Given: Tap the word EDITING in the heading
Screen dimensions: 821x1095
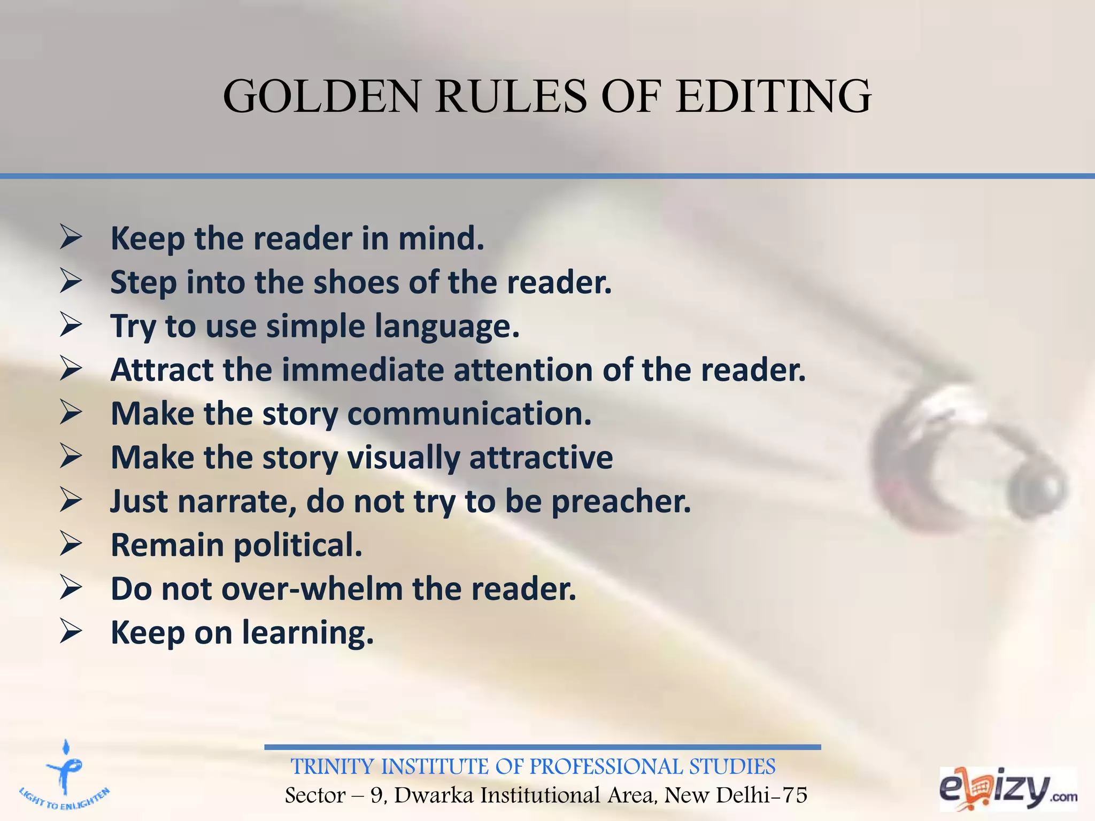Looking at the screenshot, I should pos(773,97).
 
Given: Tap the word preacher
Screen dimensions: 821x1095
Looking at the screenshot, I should pos(621,501).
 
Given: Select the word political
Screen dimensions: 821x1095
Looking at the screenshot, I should pos(298,545).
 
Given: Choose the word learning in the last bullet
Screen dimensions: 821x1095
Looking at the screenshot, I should pos(307,633).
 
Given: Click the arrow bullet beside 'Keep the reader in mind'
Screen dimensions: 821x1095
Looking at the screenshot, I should pos(71,237).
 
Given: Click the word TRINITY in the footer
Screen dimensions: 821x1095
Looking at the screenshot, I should pos(331,767).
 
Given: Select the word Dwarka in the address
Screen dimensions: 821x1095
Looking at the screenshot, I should pos(434,795).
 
